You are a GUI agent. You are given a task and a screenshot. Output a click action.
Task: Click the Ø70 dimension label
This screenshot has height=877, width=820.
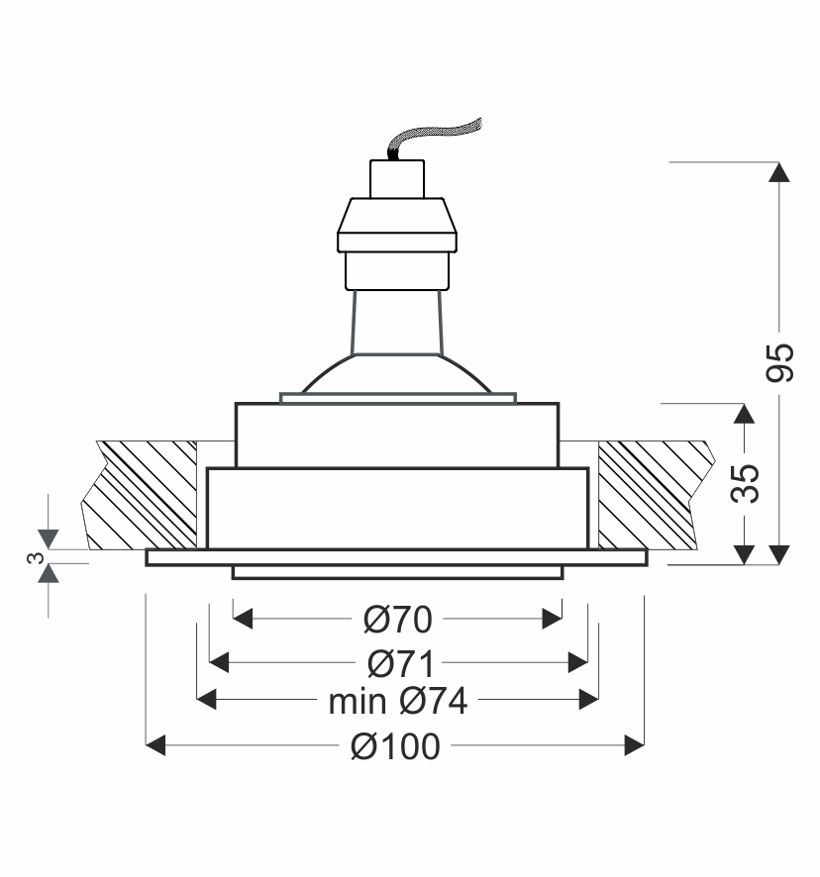point(398,620)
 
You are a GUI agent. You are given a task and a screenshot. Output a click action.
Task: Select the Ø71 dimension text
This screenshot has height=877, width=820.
point(401,663)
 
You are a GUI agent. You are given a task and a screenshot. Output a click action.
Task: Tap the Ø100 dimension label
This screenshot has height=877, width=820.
point(396,746)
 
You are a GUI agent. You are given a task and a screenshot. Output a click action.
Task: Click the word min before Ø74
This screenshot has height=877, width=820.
point(358,702)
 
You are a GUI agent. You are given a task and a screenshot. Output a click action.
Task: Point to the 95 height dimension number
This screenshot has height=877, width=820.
point(779,363)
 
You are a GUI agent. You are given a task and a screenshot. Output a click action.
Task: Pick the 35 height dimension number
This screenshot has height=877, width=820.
point(745,483)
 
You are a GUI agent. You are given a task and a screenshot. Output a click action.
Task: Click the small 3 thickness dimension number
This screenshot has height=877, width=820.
point(36,557)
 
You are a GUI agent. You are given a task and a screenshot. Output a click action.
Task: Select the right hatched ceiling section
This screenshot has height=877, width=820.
point(654,495)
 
